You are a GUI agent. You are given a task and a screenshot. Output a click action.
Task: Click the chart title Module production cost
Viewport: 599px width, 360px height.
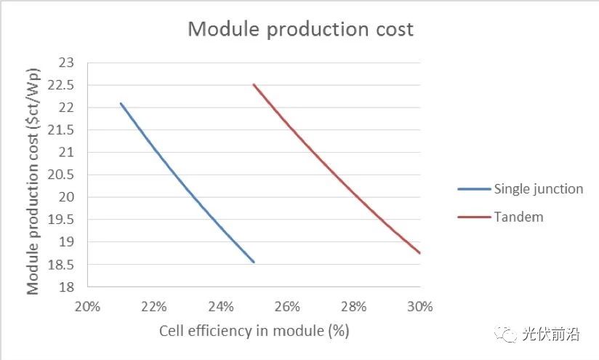click(300, 29)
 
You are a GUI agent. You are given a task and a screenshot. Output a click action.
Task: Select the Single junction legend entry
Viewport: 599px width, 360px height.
click(538, 189)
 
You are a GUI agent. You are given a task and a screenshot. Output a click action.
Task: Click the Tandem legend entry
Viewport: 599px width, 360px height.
click(518, 217)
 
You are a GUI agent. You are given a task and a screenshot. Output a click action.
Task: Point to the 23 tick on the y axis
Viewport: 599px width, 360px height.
click(66, 63)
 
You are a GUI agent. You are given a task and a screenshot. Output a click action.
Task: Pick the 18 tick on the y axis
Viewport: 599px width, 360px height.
click(66, 287)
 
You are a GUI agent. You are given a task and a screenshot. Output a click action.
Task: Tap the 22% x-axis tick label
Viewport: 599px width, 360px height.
click(153, 307)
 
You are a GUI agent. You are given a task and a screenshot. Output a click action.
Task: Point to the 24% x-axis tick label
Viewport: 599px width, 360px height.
click(220, 307)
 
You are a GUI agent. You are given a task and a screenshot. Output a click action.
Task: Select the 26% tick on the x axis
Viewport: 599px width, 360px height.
click(287, 307)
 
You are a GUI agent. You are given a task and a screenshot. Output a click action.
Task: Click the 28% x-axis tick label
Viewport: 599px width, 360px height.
click(353, 307)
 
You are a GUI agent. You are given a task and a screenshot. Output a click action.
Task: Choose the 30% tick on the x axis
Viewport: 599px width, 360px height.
click(419, 307)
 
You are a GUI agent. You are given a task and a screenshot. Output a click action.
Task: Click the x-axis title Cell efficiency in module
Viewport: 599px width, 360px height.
click(254, 331)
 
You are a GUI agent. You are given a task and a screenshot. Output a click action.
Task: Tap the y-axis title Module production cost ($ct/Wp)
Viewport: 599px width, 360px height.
click(33, 175)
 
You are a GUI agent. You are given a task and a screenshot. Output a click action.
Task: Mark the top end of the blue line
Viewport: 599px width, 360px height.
click(121, 103)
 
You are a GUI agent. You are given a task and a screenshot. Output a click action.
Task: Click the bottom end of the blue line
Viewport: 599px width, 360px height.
click(254, 262)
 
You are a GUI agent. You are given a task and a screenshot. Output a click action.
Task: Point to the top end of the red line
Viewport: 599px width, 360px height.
click(254, 84)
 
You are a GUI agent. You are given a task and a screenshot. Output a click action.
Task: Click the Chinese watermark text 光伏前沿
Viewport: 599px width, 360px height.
click(550, 335)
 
